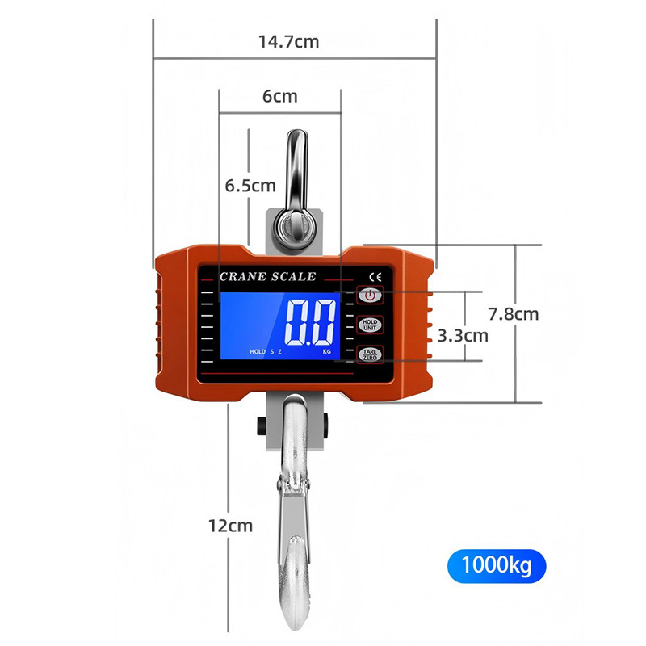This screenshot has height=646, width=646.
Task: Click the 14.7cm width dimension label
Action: click(288, 42)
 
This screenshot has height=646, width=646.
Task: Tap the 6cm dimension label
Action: click(279, 96)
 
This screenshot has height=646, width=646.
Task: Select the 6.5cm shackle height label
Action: click(250, 186)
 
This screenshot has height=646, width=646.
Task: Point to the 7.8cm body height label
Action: click(514, 314)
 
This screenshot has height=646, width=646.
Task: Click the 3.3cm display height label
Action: click(463, 336)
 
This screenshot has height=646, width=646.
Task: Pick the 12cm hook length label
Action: click(230, 526)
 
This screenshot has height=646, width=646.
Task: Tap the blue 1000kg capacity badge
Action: click(497, 566)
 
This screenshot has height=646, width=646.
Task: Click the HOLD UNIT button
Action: click(370, 325)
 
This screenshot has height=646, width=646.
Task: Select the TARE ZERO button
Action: click(370, 354)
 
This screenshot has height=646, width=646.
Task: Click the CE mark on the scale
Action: click(375, 277)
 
